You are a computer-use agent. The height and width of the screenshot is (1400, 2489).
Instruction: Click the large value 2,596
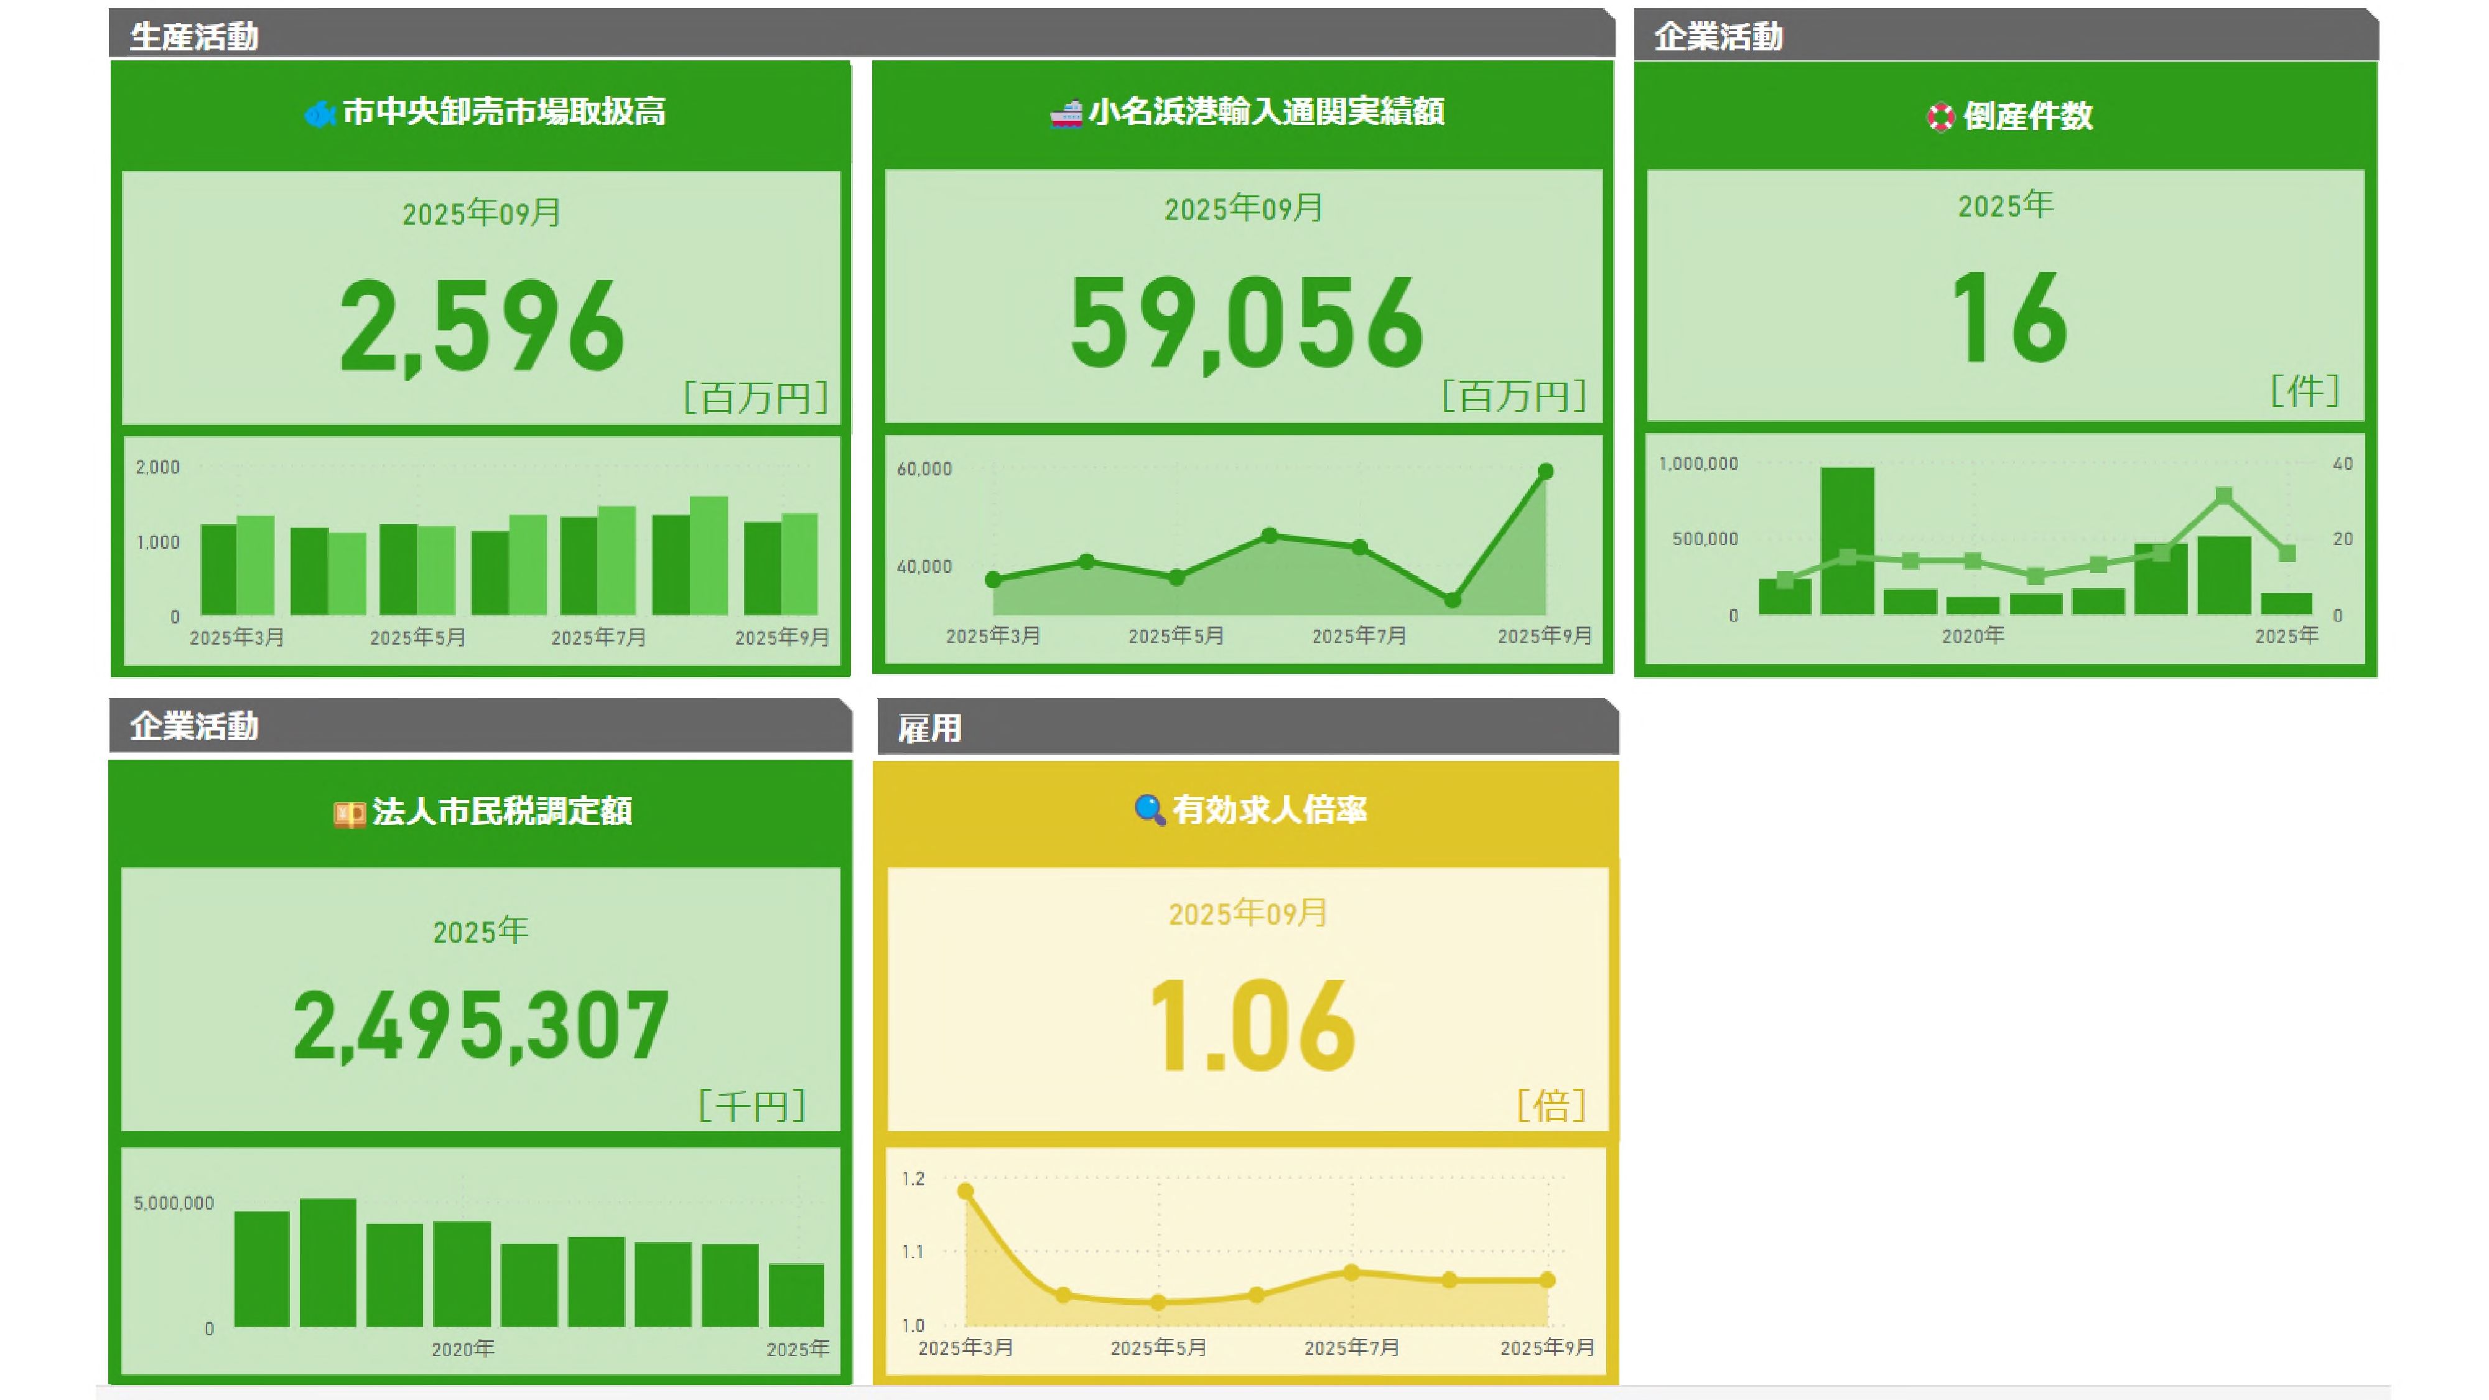[482, 327]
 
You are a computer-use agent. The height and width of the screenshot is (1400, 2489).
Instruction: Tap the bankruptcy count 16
[2008, 319]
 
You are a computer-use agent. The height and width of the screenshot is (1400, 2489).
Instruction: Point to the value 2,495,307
[480, 1026]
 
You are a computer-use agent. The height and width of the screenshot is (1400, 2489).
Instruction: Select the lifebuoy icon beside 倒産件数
[1940, 118]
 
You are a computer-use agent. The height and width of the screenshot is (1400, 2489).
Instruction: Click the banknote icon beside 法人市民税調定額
[349, 813]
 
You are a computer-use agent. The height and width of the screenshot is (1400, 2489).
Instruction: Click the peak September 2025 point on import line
[1545, 472]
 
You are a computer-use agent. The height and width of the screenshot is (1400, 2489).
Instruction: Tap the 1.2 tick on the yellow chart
[913, 1178]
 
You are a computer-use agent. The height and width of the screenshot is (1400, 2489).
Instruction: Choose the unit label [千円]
[751, 1105]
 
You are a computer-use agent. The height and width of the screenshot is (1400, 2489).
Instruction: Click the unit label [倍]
[1551, 1105]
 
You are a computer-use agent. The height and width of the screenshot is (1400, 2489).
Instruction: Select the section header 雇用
[929, 729]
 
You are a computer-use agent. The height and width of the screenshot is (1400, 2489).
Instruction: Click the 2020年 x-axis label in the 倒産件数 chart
[1972, 636]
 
